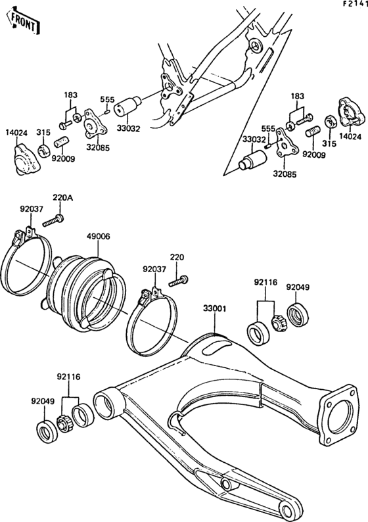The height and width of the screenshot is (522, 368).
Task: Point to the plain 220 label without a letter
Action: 177,257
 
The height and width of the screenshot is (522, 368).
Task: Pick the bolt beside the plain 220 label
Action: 175,281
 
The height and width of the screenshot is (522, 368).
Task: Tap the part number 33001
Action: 214,308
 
